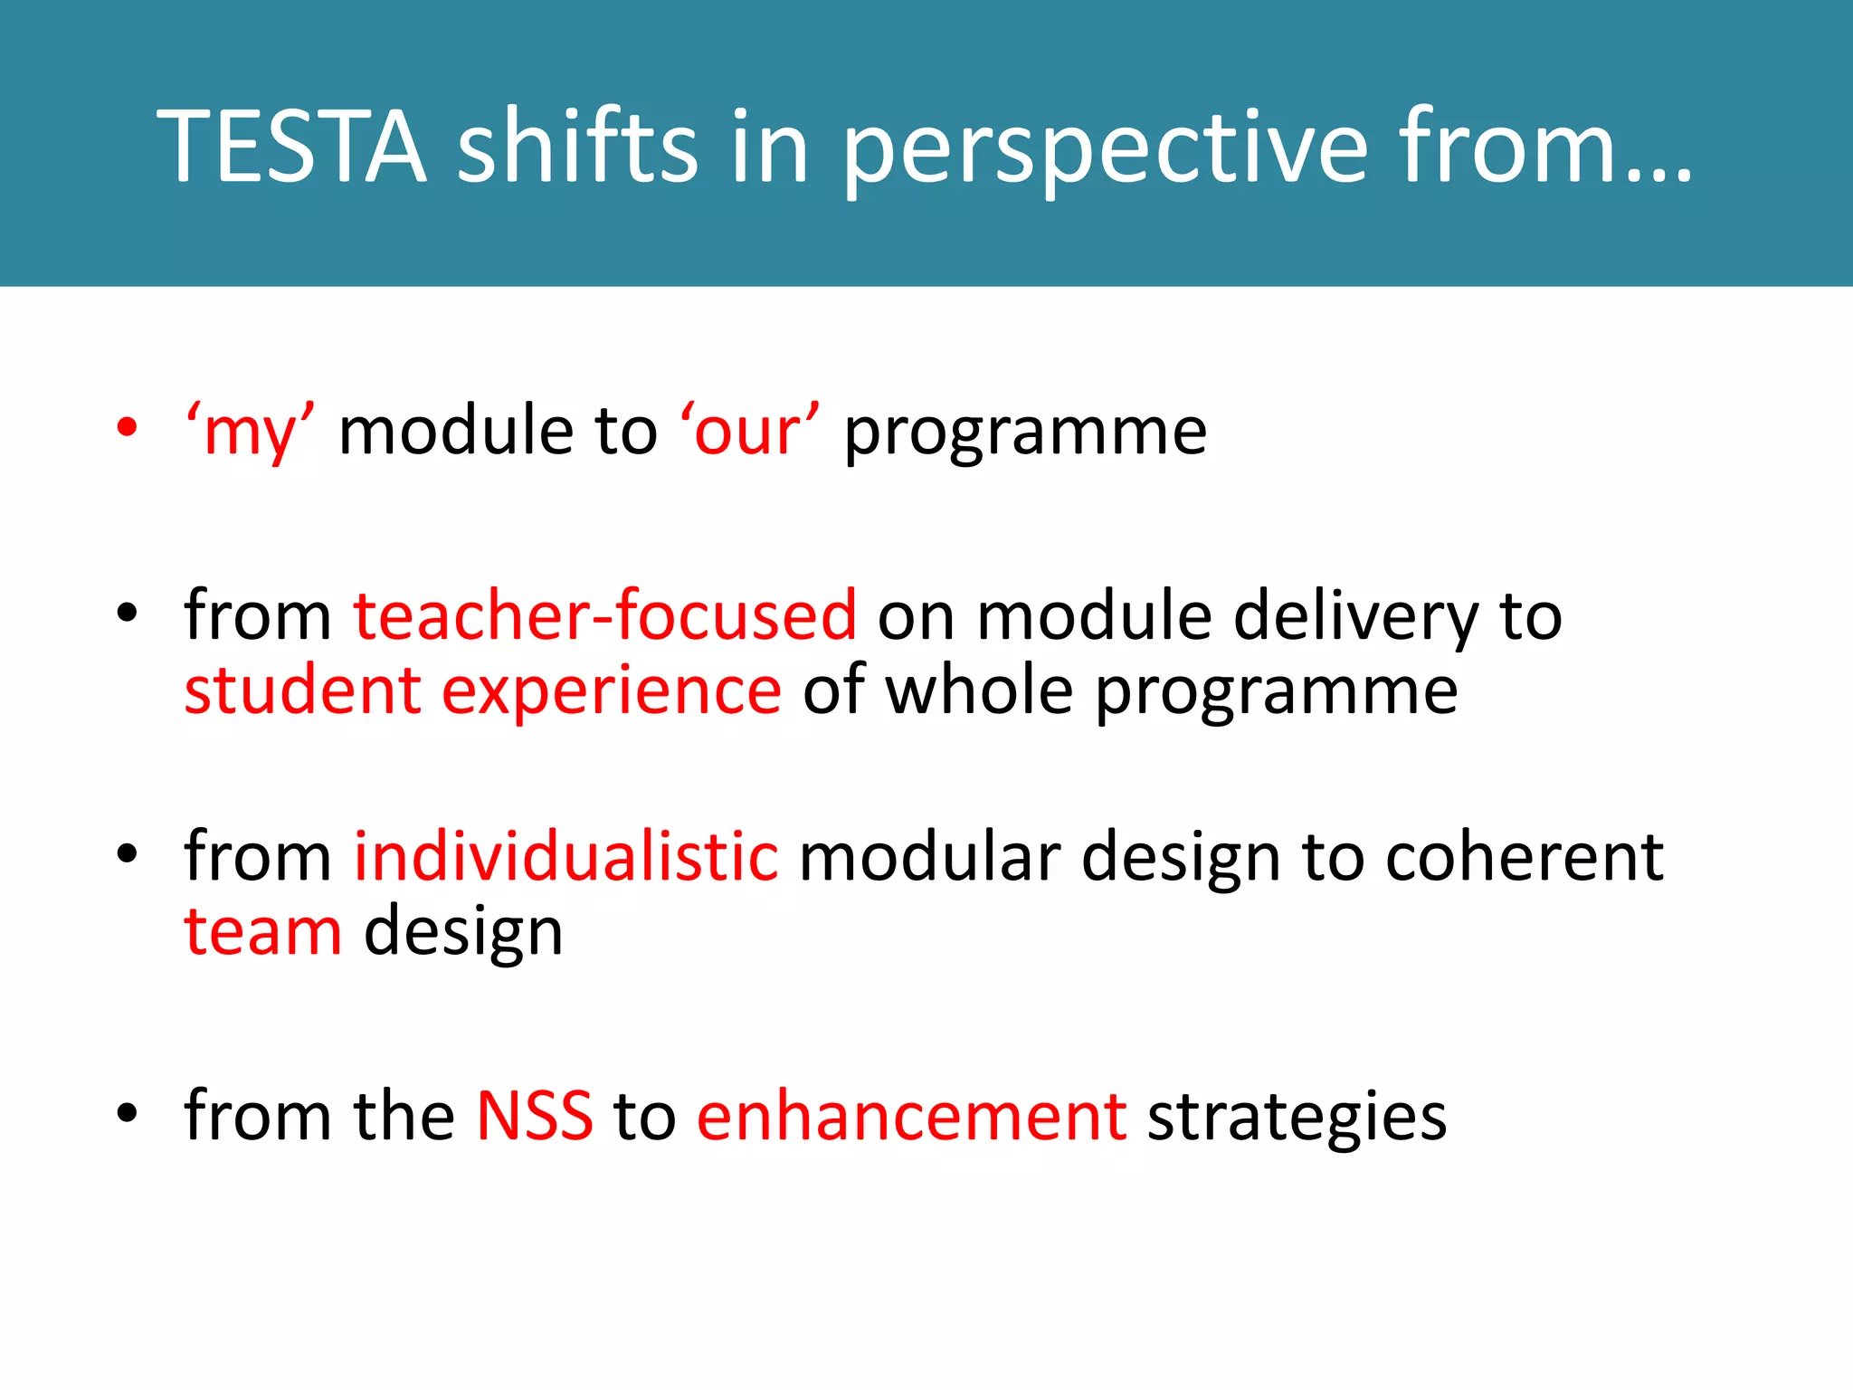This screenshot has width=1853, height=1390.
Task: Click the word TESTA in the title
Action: point(291,147)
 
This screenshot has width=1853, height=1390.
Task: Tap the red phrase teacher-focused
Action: point(604,615)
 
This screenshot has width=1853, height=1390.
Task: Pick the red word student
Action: point(302,690)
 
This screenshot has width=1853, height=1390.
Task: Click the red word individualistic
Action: point(565,856)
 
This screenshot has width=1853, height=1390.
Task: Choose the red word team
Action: point(263,932)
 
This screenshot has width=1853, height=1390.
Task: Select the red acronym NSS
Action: point(535,1116)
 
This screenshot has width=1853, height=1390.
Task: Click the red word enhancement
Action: point(911,1116)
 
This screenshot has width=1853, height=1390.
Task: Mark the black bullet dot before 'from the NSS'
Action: point(128,1112)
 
